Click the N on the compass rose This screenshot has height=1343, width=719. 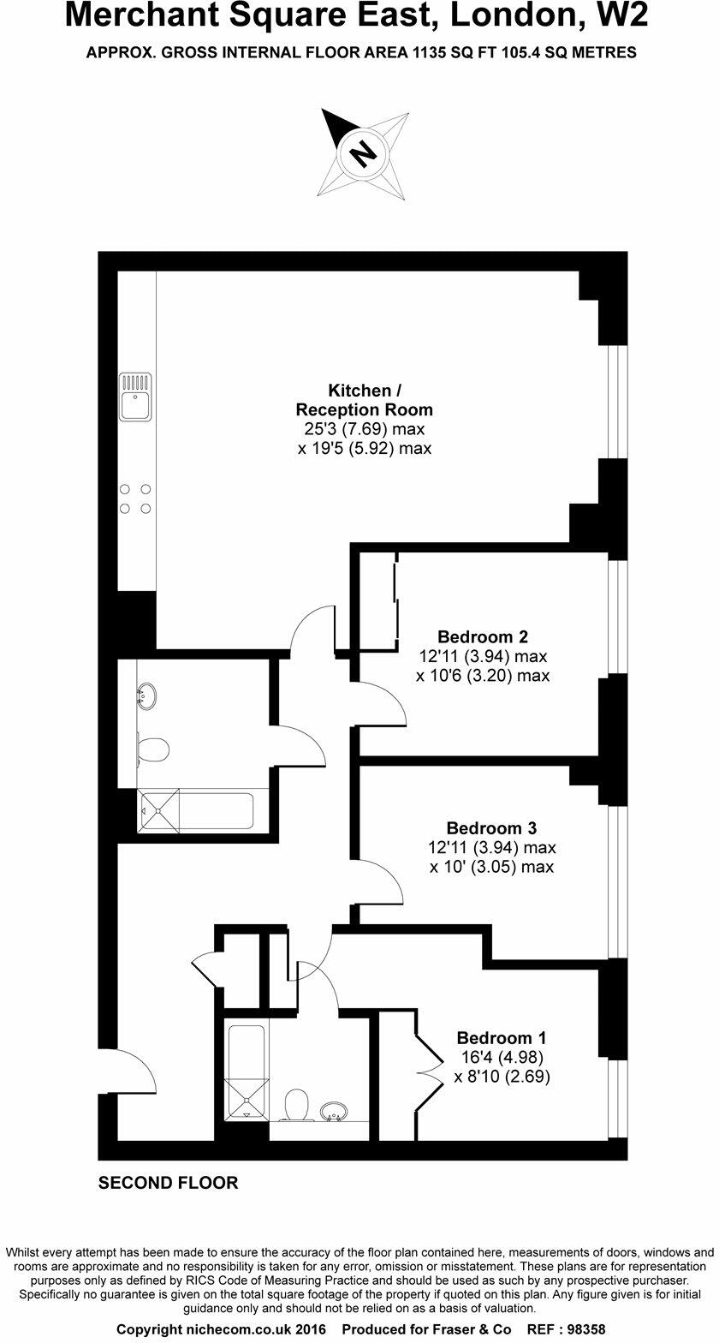click(x=363, y=153)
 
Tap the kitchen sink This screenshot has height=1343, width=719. click(x=135, y=397)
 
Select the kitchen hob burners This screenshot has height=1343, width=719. click(x=135, y=498)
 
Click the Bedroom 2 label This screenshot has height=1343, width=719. click(x=483, y=636)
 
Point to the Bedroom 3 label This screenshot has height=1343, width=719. click(x=491, y=828)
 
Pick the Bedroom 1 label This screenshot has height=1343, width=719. click(x=502, y=1036)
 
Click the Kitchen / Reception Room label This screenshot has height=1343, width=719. click(x=364, y=400)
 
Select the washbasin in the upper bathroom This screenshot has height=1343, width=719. click(x=147, y=695)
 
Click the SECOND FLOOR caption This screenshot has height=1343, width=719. click(x=169, y=1183)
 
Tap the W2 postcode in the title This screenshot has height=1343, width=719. click(x=619, y=15)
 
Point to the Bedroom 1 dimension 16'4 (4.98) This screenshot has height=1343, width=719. click(x=502, y=1056)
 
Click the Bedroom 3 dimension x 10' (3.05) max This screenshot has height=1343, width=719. click(x=491, y=867)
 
